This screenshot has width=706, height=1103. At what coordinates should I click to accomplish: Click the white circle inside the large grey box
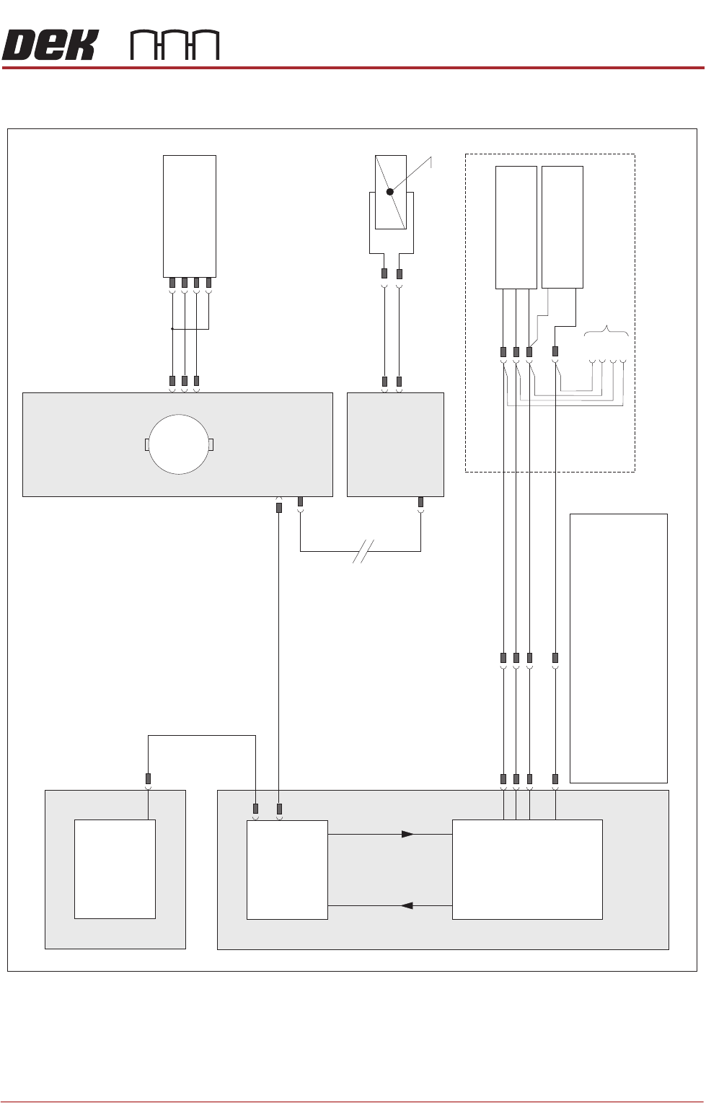coord(179,444)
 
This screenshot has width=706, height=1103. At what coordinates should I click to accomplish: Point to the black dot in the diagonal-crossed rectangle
coord(389,192)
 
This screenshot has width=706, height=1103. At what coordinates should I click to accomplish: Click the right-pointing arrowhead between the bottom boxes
coord(407,834)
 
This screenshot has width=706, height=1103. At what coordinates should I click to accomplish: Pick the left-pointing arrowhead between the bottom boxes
coord(407,905)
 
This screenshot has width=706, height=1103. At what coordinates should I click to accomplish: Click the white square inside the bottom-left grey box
coord(115,869)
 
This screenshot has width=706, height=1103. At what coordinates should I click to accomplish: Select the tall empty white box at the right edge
coord(618,648)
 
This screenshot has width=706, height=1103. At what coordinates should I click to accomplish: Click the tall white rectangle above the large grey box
coord(190,216)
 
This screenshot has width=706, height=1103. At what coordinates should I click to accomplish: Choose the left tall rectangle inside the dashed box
coord(516,227)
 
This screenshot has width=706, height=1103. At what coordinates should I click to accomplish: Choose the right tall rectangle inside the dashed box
coord(562,227)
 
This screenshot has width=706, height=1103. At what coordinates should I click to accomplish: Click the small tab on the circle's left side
coord(147,444)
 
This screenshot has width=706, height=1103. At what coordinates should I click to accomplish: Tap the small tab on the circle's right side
coord(211,444)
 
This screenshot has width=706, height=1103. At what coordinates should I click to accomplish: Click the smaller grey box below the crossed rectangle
coord(395,444)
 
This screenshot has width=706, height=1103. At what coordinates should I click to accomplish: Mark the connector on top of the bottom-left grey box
coord(148,779)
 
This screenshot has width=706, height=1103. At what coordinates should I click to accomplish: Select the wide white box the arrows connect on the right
coord(526,869)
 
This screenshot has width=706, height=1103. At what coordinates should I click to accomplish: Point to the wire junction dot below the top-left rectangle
coord(172,329)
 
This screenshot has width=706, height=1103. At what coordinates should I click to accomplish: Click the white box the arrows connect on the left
coord(287,869)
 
